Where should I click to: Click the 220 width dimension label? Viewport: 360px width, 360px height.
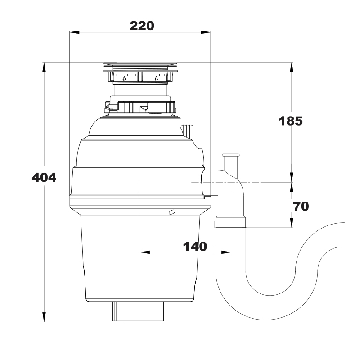coord(142,26)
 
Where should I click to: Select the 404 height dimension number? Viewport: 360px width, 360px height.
coord(44,177)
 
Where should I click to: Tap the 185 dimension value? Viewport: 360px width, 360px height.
coord(291,121)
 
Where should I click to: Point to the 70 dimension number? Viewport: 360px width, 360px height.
coord(301,207)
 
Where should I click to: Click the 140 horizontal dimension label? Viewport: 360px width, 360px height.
coord(195,247)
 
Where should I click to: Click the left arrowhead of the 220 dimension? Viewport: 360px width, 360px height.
coord(74,32)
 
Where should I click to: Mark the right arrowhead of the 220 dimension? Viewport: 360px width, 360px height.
coord(206,32)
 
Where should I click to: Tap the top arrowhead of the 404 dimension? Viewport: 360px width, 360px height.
coord(44,67)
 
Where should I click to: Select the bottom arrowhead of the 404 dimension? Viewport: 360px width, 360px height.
coord(44,317)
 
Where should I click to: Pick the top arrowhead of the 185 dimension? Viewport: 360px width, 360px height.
coord(292,67)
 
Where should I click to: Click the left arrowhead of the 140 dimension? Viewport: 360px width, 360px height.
coord(145,252)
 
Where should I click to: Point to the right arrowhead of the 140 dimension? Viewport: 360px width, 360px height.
coord(226,252)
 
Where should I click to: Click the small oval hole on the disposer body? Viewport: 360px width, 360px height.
coord(172,212)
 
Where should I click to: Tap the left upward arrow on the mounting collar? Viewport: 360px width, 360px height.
coord(124,79)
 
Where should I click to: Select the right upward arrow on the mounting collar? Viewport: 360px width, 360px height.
coord(157,79)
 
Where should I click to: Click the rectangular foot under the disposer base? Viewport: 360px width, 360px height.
coord(138,311)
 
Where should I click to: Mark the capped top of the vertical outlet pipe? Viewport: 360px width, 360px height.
coord(230,155)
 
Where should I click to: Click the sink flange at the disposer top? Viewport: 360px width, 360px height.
coord(140,67)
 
